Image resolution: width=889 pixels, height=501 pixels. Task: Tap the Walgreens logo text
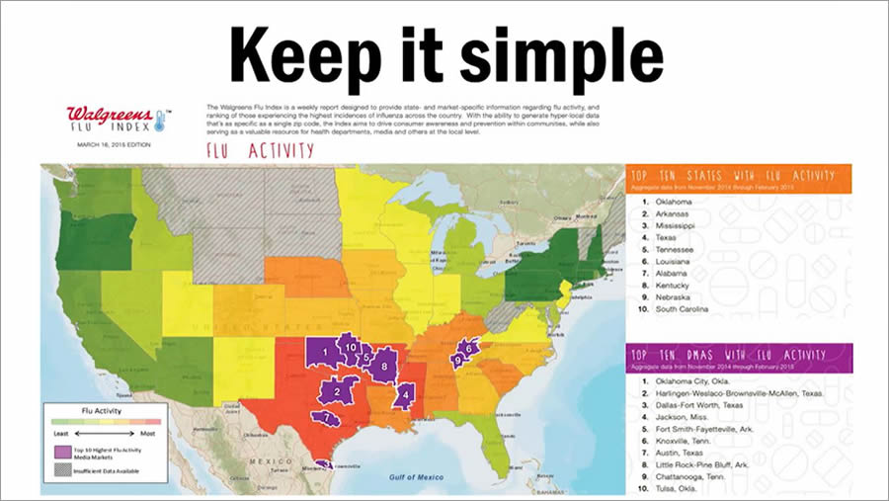point(108,113)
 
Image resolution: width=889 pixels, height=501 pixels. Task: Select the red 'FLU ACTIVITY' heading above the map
point(260,150)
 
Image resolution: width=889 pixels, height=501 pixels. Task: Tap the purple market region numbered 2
point(338,391)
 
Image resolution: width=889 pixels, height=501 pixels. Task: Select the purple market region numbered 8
point(384,366)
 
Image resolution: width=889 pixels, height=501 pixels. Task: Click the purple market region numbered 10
point(350,346)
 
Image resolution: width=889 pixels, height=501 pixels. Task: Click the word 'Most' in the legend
point(146,433)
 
